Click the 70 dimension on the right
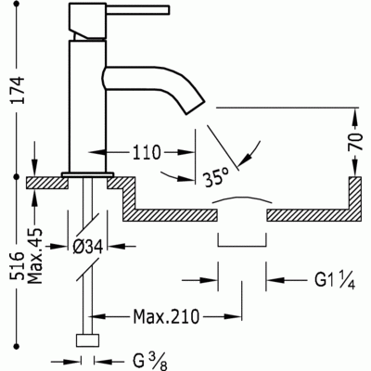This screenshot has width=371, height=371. [x=355, y=141]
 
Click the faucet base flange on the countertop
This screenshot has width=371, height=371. [x=88, y=175]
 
